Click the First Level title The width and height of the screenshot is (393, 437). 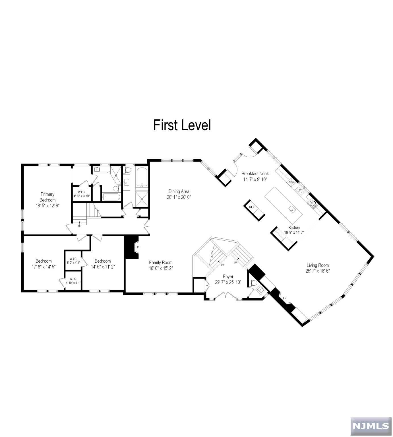click(182, 125)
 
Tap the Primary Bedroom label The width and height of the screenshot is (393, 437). click(47, 197)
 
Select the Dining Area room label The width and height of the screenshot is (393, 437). click(179, 191)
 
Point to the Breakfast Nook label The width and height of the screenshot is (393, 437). click(255, 174)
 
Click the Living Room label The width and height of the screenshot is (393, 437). click(317, 265)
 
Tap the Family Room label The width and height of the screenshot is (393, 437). click(161, 263)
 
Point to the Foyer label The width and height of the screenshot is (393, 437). click(228, 277)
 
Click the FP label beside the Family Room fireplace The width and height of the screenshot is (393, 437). click(137, 247)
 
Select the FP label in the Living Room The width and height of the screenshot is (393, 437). click(285, 298)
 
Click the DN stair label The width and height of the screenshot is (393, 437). click(222, 265)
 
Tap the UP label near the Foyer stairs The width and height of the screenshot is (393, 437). click(235, 262)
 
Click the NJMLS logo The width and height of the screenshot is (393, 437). click(371, 426)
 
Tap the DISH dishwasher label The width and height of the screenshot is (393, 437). click(291, 182)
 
